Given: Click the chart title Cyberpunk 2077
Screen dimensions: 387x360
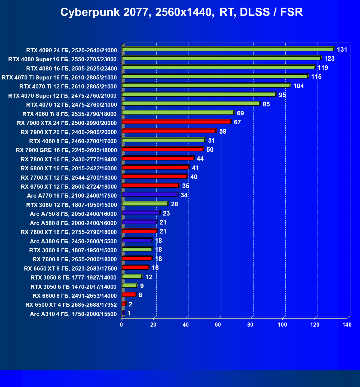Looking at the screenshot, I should tap(181, 12).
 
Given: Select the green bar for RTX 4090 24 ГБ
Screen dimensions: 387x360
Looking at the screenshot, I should tap(228, 49).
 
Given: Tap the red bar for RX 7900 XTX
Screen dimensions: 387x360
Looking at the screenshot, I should tap(176, 122).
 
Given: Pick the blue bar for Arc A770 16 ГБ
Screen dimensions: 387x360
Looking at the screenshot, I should tap(150, 195).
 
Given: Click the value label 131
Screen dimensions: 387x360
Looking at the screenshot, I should tap(342, 50).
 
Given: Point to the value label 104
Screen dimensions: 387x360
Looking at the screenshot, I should tap(298, 86).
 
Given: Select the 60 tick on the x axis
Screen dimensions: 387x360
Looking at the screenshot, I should tap(218, 324).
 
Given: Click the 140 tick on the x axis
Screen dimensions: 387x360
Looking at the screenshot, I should tap(347, 324).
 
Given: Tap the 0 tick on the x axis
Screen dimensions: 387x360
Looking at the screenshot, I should tap(121, 324).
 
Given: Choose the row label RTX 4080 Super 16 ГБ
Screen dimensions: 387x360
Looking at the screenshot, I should tap(62, 59).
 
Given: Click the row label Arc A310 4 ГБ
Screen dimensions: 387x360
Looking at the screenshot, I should tap(73, 314).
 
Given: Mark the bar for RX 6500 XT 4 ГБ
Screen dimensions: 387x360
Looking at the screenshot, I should tap(124, 304).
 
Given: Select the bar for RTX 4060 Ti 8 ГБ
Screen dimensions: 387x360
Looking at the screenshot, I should tap(178, 113).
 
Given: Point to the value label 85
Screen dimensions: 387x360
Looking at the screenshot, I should tap(266, 104).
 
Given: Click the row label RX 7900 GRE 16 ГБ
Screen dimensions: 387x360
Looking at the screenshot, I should tap(66, 150).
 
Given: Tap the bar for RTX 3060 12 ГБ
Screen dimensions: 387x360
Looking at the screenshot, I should tap(145, 204).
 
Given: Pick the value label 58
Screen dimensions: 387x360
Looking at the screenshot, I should tap(222, 131).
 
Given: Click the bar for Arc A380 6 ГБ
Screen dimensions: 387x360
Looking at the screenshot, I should tap(137, 240).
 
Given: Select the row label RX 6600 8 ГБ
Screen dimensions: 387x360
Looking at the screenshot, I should tap(75, 296).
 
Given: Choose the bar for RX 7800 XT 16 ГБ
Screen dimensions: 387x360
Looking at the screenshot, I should tap(158, 158).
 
